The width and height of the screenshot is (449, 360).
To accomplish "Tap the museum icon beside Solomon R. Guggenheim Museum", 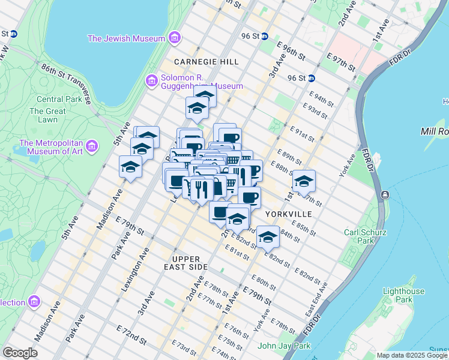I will [x=151, y=80].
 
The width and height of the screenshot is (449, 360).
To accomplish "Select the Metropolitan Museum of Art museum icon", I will [x=91, y=145].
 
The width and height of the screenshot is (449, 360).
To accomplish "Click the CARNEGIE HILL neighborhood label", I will [x=206, y=62].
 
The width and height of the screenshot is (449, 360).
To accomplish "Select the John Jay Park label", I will [x=283, y=346].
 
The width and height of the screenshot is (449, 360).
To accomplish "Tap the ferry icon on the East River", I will [x=384, y=195].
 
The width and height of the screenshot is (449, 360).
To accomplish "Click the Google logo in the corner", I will [x=20, y=353].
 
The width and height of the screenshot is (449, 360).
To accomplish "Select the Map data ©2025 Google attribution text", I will [x=412, y=355].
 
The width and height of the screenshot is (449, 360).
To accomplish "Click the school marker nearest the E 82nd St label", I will [x=268, y=238].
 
